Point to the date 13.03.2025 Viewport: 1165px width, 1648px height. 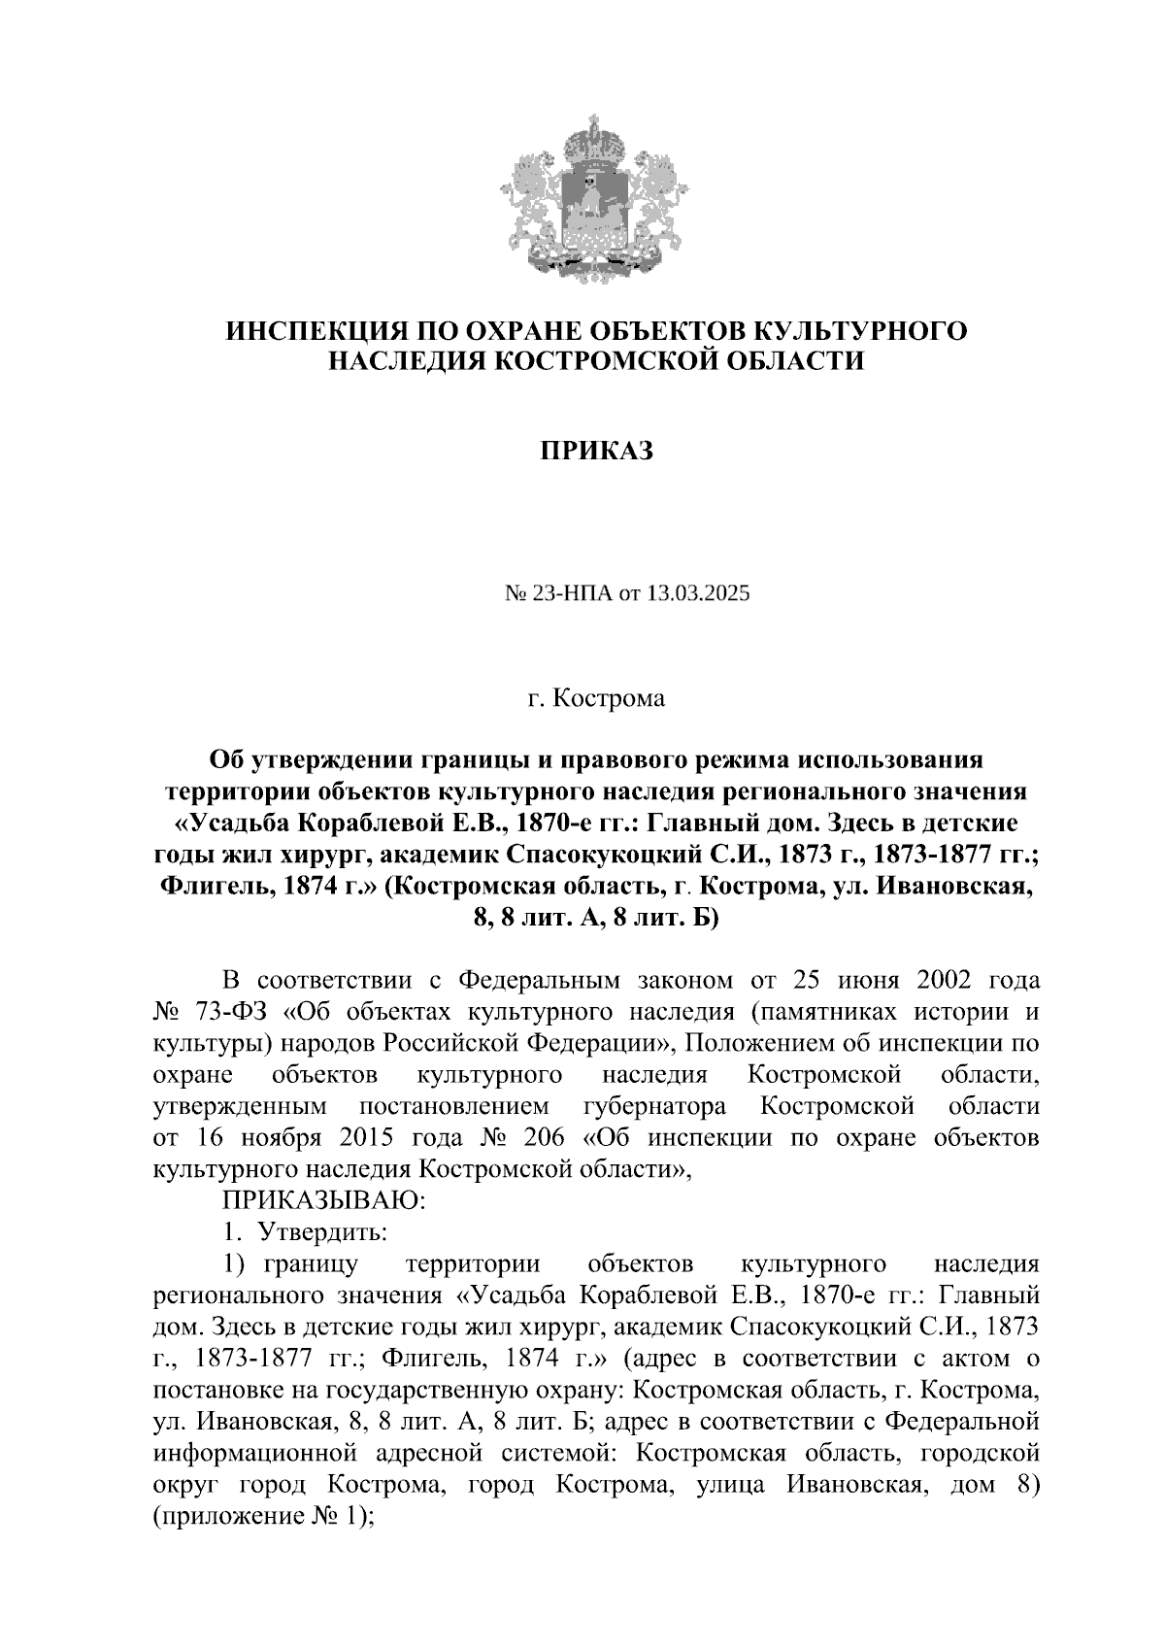[703, 594]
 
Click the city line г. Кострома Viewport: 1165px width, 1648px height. [596, 699]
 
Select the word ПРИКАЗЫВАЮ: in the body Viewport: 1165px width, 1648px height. [324, 1200]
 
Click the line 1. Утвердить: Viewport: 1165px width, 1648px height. [305, 1232]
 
